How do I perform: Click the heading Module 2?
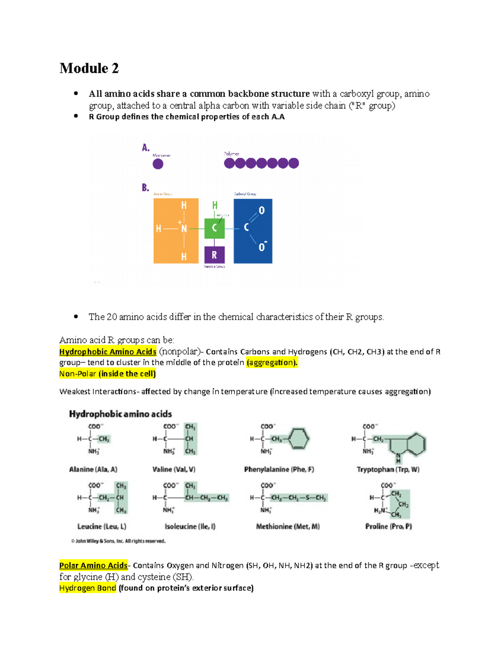[x=89, y=68]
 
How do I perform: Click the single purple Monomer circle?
[x=158, y=164]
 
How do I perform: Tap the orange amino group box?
[x=176, y=230]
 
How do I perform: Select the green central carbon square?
[x=214, y=228]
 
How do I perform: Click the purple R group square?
[x=214, y=255]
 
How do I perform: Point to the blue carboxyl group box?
[x=253, y=231]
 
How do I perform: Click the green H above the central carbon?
[x=215, y=205]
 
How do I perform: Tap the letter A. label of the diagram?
[x=145, y=148]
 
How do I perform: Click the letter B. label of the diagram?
[x=145, y=188]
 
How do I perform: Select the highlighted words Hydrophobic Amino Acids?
[x=108, y=352]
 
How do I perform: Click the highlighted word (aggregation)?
[x=272, y=362]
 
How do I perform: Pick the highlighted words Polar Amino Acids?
[x=93, y=565]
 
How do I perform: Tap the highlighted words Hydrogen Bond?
[x=87, y=588]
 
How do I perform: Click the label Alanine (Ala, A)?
[x=93, y=469]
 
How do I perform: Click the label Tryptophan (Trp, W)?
[x=388, y=469]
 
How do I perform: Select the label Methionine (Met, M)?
[x=288, y=526]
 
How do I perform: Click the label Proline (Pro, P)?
[x=388, y=526]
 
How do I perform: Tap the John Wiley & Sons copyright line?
[x=118, y=541]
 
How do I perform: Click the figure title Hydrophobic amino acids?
[x=120, y=414]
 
